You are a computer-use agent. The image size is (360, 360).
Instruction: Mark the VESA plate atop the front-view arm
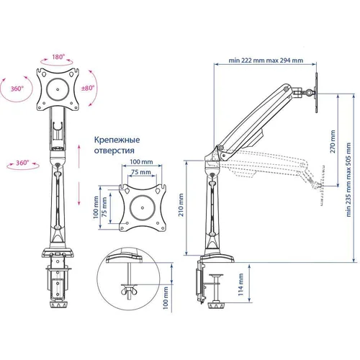click(55, 91)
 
